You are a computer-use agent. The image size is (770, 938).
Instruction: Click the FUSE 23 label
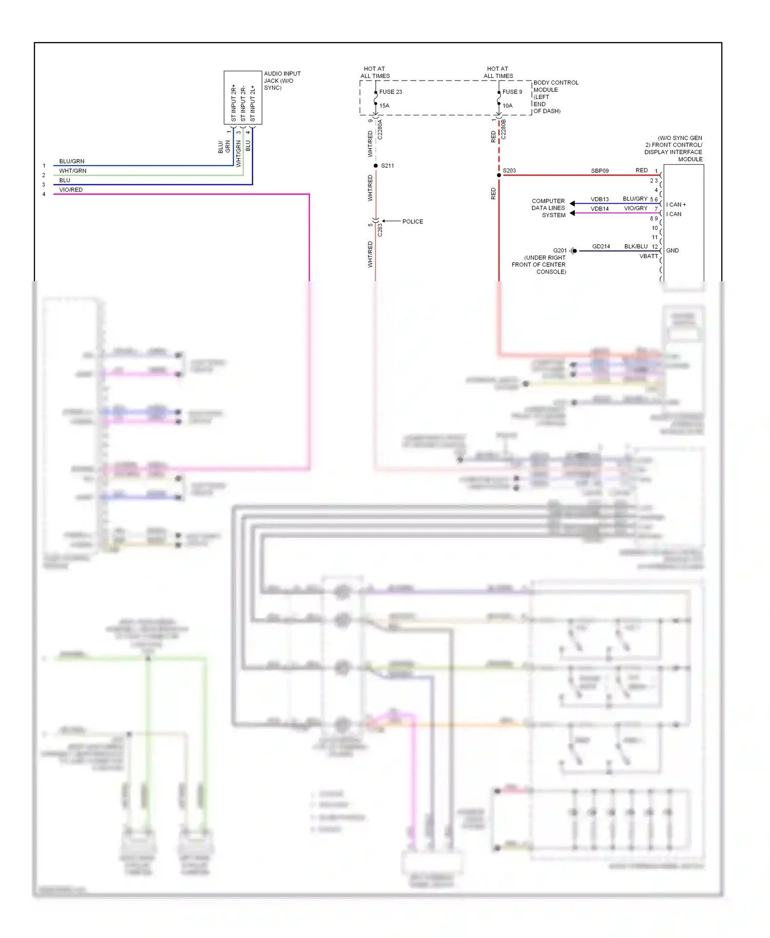pyautogui.click(x=390, y=92)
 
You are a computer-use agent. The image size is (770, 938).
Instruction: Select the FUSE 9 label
pyautogui.click(x=512, y=92)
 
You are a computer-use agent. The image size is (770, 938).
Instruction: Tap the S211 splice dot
pyautogui.click(x=376, y=166)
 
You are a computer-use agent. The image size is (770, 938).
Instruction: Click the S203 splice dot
pyautogui.click(x=499, y=175)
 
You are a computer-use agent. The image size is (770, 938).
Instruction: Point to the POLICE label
pyautogui.click(x=412, y=222)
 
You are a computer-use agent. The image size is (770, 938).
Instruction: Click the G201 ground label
pyautogui.click(x=560, y=251)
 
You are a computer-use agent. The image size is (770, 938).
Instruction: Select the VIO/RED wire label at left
pyautogui.click(x=71, y=190)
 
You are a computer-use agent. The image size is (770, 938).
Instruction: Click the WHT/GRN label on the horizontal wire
pyautogui.click(x=72, y=171)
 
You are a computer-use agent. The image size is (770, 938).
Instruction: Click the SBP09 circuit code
pyautogui.click(x=600, y=171)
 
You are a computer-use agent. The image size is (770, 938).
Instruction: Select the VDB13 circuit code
pyautogui.click(x=599, y=199)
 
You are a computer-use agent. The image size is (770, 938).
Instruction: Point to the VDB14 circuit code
pyautogui.click(x=599, y=209)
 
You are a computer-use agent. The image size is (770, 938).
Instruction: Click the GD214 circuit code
pyautogui.click(x=601, y=247)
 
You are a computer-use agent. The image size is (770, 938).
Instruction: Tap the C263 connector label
pyautogui.click(x=380, y=230)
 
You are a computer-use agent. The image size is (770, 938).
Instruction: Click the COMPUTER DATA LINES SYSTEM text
pyautogui.click(x=548, y=208)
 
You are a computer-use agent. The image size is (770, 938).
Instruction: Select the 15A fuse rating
pyautogui.click(x=384, y=106)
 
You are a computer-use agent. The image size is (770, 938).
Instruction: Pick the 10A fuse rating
pyautogui.click(x=507, y=106)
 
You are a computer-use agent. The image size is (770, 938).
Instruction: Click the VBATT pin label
pyautogui.click(x=648, y=256)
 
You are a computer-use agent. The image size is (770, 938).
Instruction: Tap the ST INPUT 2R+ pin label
pyautogui.click(x=234, y=103)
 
